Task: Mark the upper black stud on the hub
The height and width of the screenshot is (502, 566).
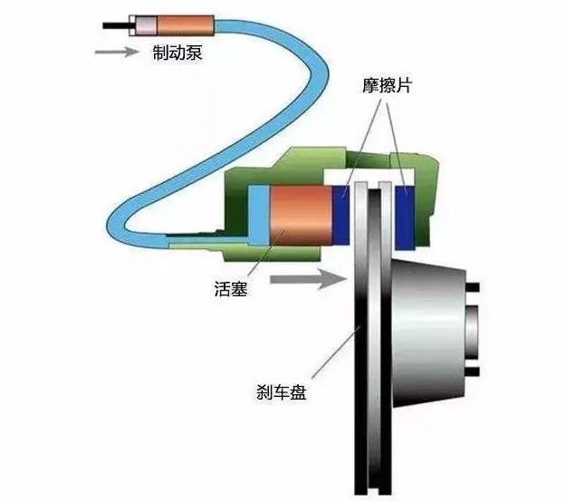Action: [473, 287]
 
